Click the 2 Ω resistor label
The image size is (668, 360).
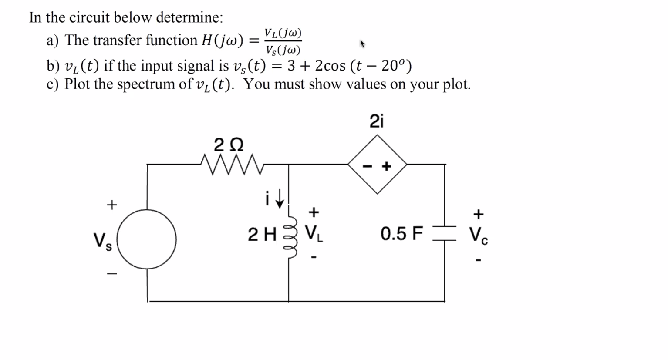pos(228,144)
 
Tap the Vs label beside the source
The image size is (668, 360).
pos(103,241)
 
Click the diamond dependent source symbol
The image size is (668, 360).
pos(377,164)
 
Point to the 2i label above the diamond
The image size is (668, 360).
pos(377,121)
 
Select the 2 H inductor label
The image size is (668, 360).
pos(262,235)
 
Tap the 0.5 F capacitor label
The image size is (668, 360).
pos(401,234)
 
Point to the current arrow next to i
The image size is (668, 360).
pos(280,198)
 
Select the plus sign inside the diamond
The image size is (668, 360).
pos(387,166)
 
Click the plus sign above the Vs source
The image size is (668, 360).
pos(112,204)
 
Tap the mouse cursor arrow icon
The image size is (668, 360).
pos(362,44)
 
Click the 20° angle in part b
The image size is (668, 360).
pos(393,66)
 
